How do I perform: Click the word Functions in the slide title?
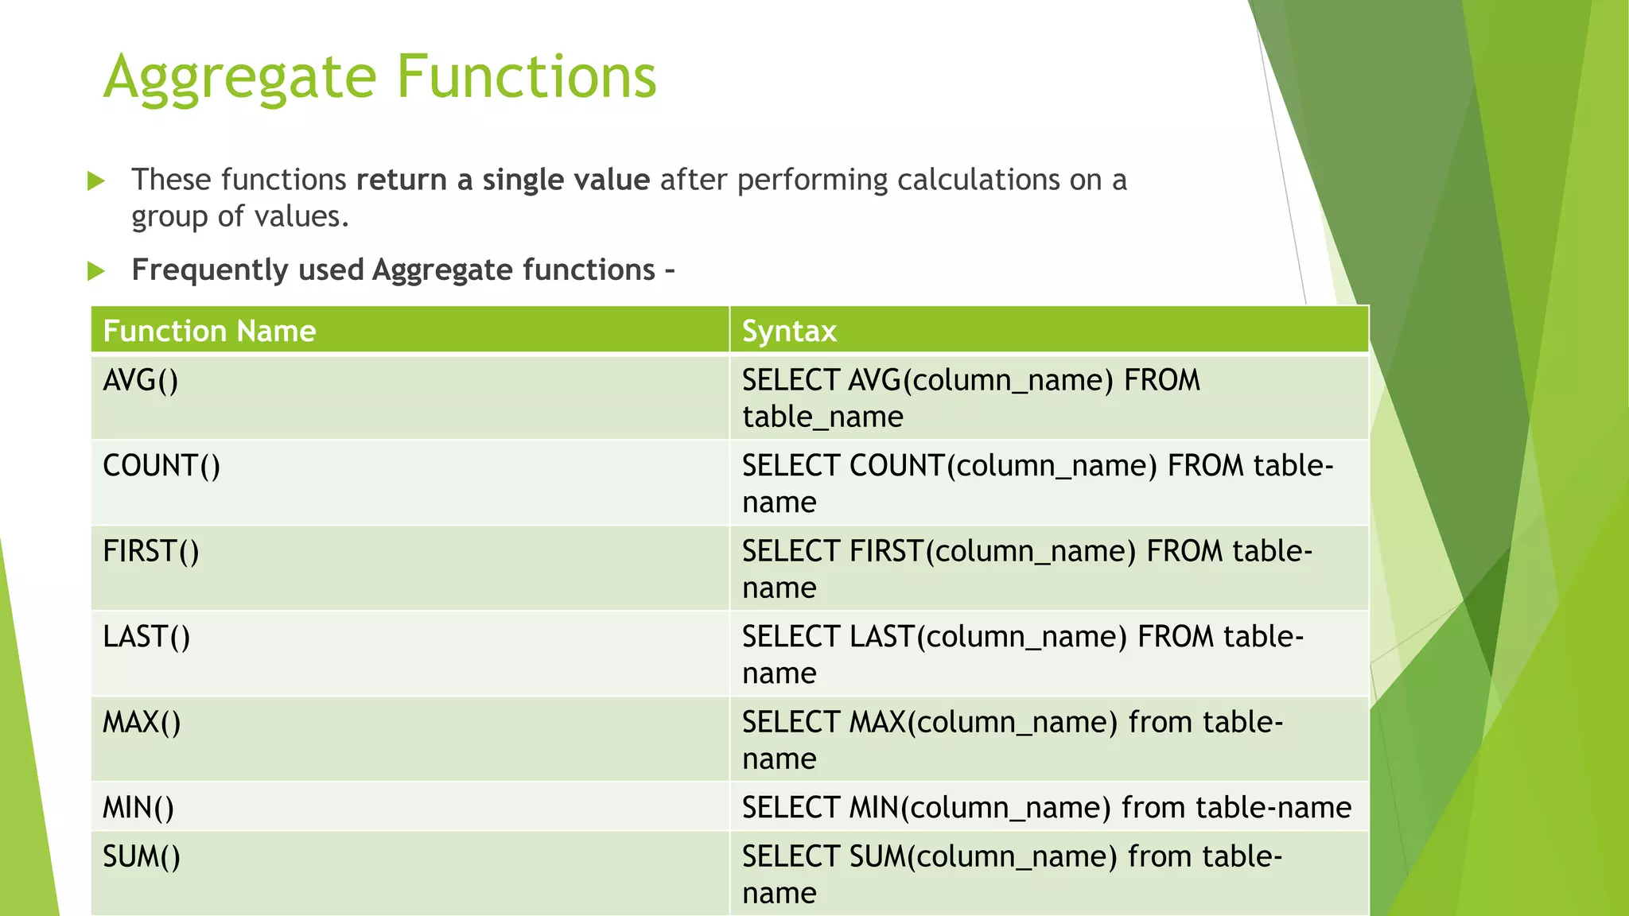point(526,77)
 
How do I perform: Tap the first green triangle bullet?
point(96,181)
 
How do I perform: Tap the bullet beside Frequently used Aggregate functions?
point(96,271)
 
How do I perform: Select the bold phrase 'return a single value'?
point(503,180)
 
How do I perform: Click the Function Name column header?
point(209,331)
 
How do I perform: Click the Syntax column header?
point(789,331)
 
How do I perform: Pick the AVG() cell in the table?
point(141,381)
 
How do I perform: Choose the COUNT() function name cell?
point(161,466)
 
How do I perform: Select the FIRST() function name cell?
point(151,551)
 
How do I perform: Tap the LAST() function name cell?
point(146,637)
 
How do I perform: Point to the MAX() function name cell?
point(142,723)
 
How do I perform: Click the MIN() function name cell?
point(138,808)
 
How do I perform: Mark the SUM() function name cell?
point(142,857)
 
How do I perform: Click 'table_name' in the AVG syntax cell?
point(822,417)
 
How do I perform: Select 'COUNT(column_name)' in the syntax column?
point(1003,466)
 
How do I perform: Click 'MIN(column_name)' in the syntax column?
point(979,808)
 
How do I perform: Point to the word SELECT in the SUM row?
point(791,857)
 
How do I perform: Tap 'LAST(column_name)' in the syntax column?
point(988,637)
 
